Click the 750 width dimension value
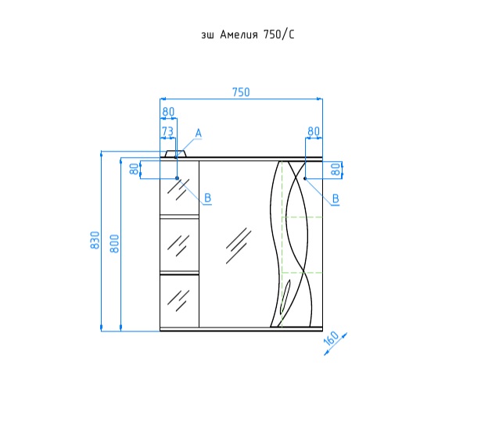[241, 92]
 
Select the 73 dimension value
[167, 131]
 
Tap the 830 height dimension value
[95, 240]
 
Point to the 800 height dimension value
[114, 244]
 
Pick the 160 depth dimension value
[331, 338]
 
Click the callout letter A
[199, 134]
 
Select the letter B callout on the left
[208, 198]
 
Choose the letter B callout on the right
[336, 199]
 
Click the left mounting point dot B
[177, 178]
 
